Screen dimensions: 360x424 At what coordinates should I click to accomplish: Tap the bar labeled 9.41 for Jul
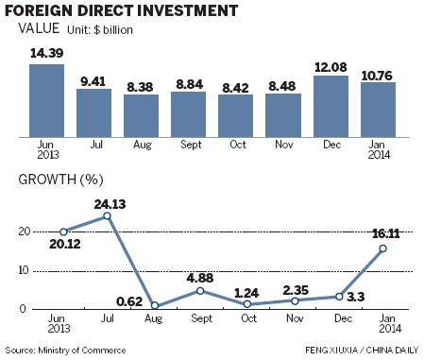pyautogui.click(x=93, y=110)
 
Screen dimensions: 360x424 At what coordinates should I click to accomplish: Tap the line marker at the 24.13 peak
pyautogui.click(x=108, y=215)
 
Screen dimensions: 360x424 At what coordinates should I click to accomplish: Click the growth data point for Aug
pyautogui.click(x=154, y=306)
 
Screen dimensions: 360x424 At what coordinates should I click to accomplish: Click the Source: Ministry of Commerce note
pyautogui.click(x=65, y=351)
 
